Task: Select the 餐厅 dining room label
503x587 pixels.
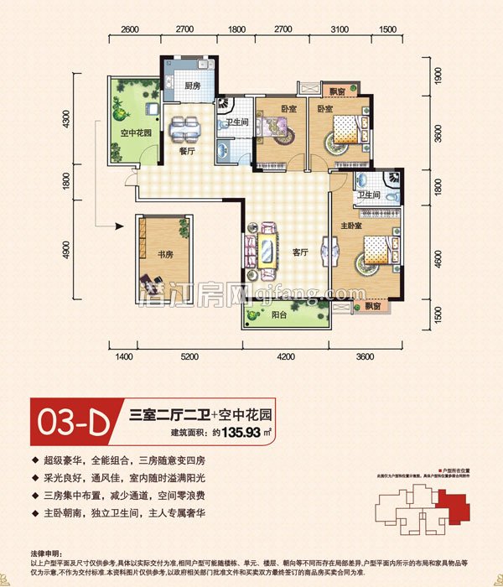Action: [187, 152]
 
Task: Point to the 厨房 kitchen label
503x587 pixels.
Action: [192, 86]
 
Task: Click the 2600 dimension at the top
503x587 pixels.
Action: [130, 30]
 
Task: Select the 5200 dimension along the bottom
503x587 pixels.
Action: [189, 358]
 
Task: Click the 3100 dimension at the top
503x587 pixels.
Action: [339, 30]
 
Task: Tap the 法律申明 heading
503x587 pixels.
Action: [43, 553]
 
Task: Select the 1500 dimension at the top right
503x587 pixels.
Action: [387, 30]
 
